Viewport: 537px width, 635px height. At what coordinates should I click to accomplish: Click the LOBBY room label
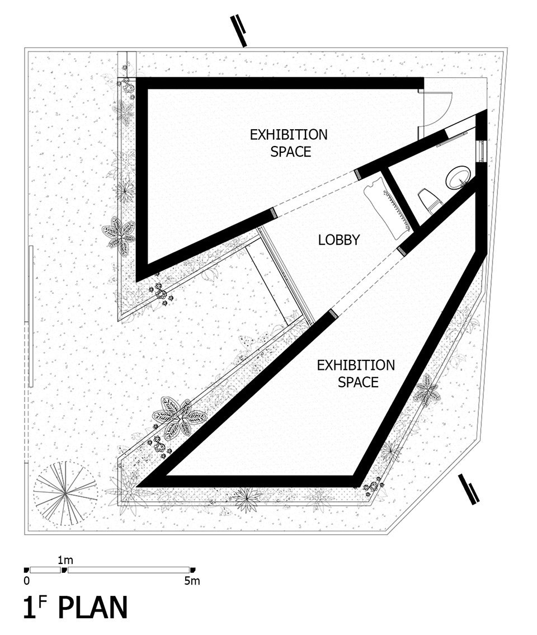pyautogui.click(x=338, y=240)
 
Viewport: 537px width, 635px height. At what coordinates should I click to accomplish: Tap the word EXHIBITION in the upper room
pyautogui.click(x=288, y=134)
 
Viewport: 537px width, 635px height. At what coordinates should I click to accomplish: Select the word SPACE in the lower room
pyautogui.click(x=358, y=382)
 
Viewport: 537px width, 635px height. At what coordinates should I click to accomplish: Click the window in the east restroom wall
pyautogui.click(x=481, y=151)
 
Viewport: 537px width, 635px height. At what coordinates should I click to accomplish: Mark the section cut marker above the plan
pyautogui.click(x=238, y=31)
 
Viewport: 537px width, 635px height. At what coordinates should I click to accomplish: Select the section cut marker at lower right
pyautogui.click(x=469, y=489)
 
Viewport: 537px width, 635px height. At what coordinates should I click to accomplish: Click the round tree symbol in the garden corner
pyautogui.click(x=65, y=493)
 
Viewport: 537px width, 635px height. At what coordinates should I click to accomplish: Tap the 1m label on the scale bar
pyautogui.click(x=65, y=560)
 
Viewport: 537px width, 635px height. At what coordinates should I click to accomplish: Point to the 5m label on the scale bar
pyautogui.click(x=192, y=581)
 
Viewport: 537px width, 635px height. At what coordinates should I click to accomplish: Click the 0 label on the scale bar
pyautogui.click(x=27, y=581)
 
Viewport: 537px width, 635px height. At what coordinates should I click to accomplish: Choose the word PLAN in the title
pyautogui.click(x=93, y=608)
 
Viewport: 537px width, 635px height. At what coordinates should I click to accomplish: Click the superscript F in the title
pyautogui.click(x=43, y=601)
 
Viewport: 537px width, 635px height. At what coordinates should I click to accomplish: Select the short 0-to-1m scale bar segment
pyautogui.click(x=45, y=570)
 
